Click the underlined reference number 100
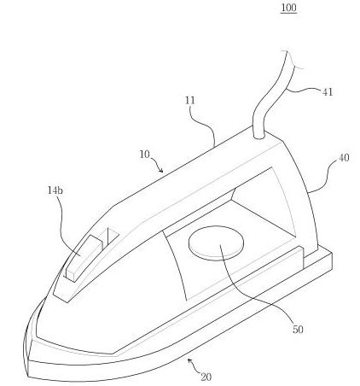click(288, 8)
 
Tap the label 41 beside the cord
click(327, 92)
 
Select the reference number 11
click(190, 101)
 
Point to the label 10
click(144, 155)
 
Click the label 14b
click(55, 190)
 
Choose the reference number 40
click(344, 158)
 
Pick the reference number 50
click(298, 330)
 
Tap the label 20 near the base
click(206, 377)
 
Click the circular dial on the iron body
click(216, 243)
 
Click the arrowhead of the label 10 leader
click(161, 171)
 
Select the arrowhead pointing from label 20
click(189, 360)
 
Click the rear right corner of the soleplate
click(332, 254)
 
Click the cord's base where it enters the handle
click(258, 136)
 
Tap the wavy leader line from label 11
click(206, 126)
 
